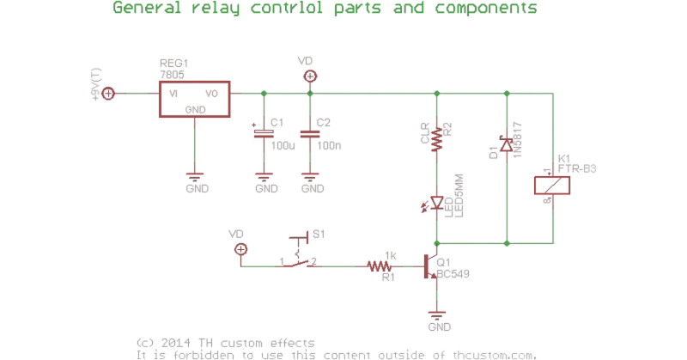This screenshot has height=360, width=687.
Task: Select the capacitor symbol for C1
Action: coord(263,134)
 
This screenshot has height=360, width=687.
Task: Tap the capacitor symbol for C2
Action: coord(309,134)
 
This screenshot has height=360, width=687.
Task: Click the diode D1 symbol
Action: coord(506,147)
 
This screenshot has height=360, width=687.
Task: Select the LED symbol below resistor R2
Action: coord(437,204)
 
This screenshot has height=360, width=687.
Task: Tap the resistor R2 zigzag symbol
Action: coord(437,137)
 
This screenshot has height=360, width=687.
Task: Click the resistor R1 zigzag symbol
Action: coord(378,266)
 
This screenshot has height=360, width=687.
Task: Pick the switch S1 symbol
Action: coord(299,251)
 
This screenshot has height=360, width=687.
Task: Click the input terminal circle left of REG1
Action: coord(109,93)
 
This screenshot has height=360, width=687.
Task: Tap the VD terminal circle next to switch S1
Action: coord(240,249)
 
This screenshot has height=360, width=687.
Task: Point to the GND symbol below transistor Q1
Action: coord(438,319)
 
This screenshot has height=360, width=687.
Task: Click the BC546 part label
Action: coord(453,275)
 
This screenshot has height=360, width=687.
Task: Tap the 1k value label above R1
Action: coord(391,255)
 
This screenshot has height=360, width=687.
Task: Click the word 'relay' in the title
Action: coord(210,9)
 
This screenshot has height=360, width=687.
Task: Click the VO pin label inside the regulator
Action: coord(210,93)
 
